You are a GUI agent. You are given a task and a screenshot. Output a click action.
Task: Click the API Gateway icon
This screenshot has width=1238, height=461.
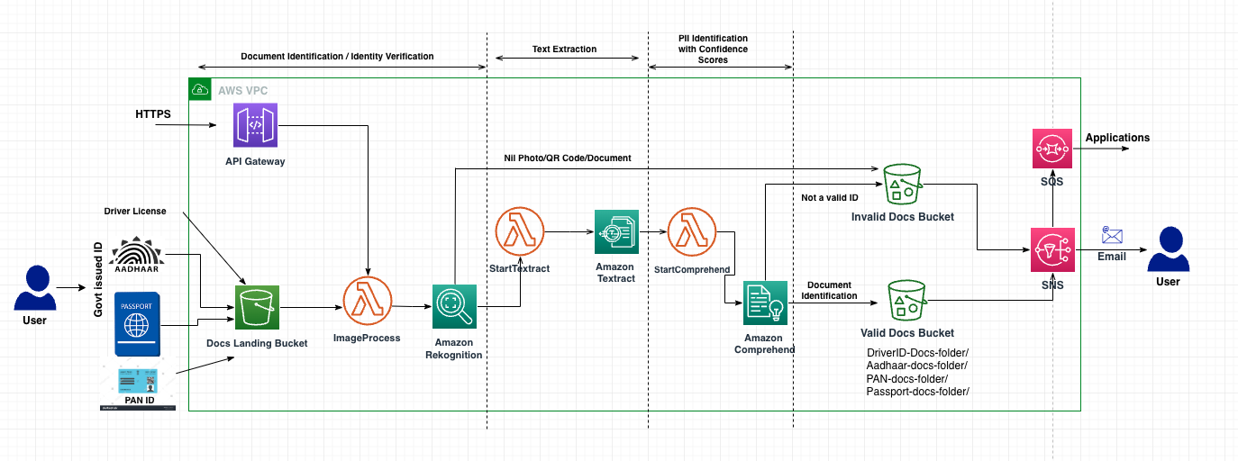[256, 124]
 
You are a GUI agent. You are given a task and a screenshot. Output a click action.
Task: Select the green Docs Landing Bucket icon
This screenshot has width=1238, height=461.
[258, 308]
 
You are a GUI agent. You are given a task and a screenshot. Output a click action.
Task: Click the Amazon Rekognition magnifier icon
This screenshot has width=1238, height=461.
[454, 307]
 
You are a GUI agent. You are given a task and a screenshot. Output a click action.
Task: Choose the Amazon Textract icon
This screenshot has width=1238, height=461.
[616, 233]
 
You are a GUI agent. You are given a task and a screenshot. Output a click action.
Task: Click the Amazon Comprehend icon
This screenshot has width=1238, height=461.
[765, 303]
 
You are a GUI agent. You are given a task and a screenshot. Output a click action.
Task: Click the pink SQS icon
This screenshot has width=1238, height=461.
[1050, 147]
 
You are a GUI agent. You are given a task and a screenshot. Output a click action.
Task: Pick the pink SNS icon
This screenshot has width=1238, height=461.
[1052, 249]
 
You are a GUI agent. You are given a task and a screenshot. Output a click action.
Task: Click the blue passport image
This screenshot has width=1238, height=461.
[136, 323]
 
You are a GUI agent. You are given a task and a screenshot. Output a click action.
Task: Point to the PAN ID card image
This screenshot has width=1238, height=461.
[138, 388]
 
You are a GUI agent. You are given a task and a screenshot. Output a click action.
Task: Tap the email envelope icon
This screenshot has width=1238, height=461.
[1112, 236]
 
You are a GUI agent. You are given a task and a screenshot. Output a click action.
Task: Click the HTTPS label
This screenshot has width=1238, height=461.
[152, 114]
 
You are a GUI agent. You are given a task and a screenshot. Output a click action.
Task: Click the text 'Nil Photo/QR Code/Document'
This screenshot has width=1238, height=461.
[567, 158]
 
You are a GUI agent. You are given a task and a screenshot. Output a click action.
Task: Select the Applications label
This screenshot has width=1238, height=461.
[1117, 138]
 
